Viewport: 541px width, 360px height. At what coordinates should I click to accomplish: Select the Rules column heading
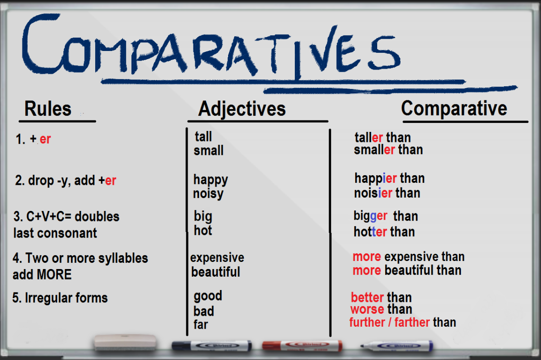(x=48, y=109)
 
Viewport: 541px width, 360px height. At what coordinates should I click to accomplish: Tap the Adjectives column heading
(x=242, y=109)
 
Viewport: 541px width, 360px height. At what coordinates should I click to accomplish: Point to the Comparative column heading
(x=454, y=109)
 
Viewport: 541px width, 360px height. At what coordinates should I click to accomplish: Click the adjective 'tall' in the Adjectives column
(x=203, y=137)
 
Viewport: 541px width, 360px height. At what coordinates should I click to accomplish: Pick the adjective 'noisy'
(x=208, y=194)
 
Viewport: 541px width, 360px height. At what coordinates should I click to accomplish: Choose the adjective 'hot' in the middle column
(x=203, y=231)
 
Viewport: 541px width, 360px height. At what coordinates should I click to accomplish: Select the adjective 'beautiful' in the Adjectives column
(x=216, y=272)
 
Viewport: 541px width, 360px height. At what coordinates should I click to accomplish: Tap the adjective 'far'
(x=201, y=325)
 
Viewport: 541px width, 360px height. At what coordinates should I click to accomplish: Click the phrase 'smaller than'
(x=388, y=150)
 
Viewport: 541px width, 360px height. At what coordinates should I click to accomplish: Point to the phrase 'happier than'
(x=390, y=179)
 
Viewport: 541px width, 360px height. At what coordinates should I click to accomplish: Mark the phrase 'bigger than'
(x=386, y=216)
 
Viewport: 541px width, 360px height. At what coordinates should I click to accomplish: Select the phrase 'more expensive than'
(x=408, y=257)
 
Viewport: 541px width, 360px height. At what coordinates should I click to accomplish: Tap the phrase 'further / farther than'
(x=402, y=322)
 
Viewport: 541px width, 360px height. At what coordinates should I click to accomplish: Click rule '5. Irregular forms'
(x=60, y=299)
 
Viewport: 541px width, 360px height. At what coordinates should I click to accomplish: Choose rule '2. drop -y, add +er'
(x=66, y=181)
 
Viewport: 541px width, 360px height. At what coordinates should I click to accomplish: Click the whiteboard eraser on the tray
(x=125, y=341)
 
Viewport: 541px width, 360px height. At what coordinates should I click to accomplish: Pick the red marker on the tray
(x=302, y=345)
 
